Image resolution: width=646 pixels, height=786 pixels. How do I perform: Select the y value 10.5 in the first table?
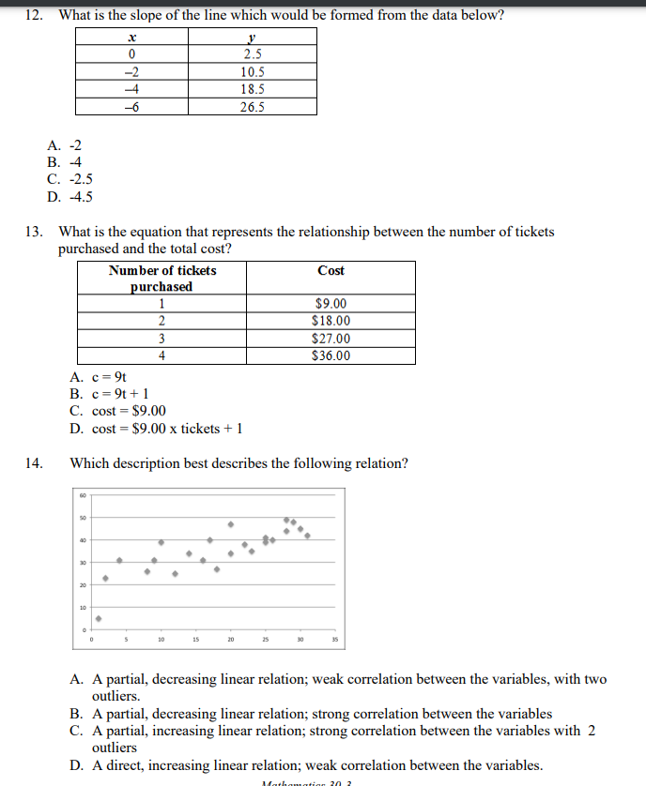tap(252, 71)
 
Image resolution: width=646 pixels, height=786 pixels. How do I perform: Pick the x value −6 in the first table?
tap(132, 106)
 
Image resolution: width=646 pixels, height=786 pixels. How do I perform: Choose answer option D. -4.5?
tap(69, 196)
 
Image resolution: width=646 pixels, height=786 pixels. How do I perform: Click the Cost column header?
tap(331, 270)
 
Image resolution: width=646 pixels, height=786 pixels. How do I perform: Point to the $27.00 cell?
tap(331, 339)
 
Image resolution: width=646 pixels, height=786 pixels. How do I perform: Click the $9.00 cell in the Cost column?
tap(331, 304)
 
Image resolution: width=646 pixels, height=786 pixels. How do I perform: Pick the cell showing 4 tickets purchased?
tap(161, 355)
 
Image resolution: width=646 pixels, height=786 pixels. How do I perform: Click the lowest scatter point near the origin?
tap(98, 618)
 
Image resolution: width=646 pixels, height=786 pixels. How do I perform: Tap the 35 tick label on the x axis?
tap(333, 642)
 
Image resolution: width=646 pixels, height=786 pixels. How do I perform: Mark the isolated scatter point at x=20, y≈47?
tap(230, 523)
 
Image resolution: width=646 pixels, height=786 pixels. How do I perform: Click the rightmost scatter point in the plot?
tap(307, 537)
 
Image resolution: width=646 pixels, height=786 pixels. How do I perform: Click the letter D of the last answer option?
tap(74, 764)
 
